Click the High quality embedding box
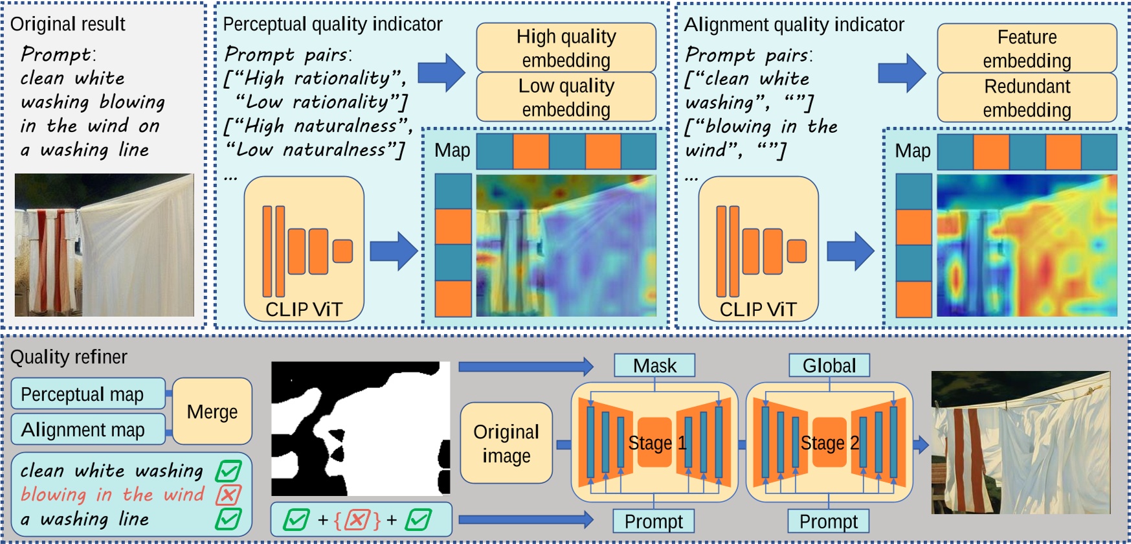click(x=566, y=48)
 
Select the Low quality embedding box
click(x=566, y=97)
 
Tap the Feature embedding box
click(x=1026, y=49)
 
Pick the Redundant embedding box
click(x=1026, y=98)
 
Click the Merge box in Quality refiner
click(x=212, y=412)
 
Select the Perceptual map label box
click(x=87, y=394)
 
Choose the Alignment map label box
click(x=87, y=429)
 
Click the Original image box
click(x=506, y=443)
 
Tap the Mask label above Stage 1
click(x=655, y=366)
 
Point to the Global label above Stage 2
click(x=829, y=366)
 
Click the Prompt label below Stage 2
click(x=828, y=521)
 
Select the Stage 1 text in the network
click(x=656, y=443)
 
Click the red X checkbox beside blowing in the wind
click(x=228, y=495)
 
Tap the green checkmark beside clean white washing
click(x=229, y=471)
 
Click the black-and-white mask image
click(x=360, y=428)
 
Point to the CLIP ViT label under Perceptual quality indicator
click(x=304, y=310)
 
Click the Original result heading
click(x=68, y=25)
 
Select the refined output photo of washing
click(x=1020, y=442)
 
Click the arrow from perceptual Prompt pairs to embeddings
click(x=441, y=73)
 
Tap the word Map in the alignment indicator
click(x=912, y=151)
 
